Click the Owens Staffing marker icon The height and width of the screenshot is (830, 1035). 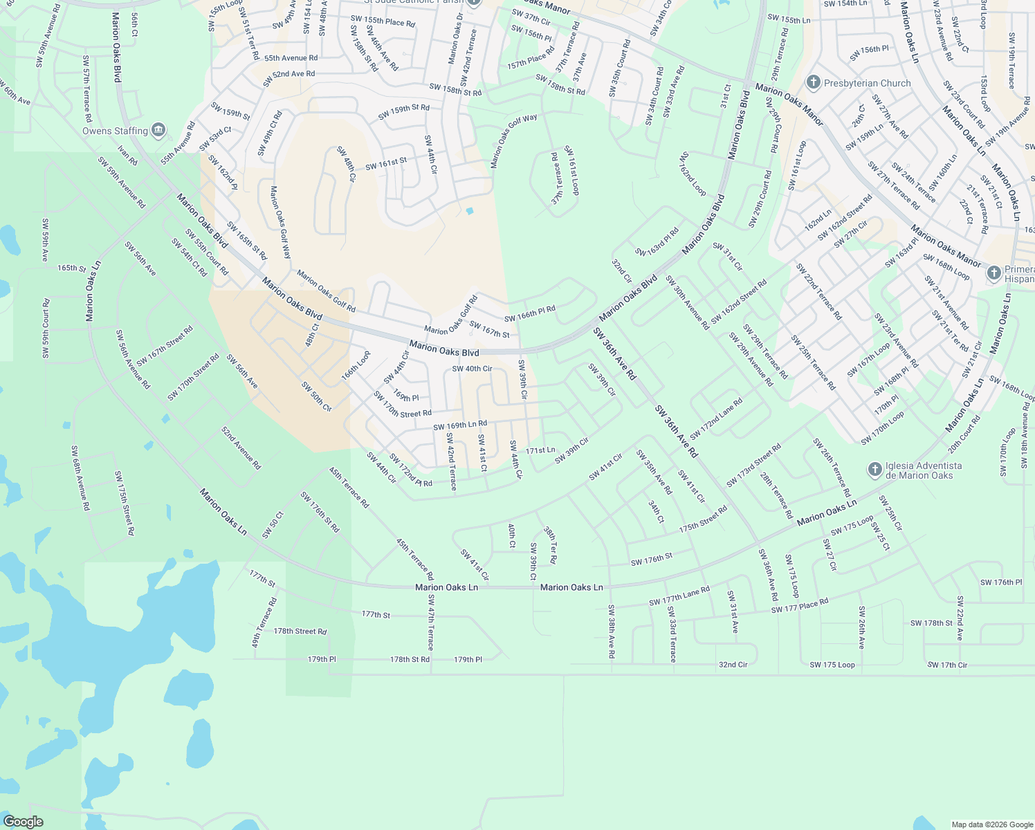(158, 130)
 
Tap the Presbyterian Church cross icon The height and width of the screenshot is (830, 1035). (813, 83)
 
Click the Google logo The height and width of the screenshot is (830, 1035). (23, 822)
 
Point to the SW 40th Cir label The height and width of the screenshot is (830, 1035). (472, 369)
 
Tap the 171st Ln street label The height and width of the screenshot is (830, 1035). (540, 450)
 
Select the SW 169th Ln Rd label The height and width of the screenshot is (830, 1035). (460, 425)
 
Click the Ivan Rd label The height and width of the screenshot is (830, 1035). (127, 156)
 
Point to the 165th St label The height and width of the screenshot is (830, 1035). (71, 268)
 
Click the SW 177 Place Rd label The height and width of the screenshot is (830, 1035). (799, 606)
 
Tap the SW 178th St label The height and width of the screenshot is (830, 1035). (931, 623)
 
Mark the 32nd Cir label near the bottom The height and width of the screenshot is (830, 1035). (733, 665)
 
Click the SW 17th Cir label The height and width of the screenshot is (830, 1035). (947, 665)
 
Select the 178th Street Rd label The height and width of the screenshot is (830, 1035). (300, 631)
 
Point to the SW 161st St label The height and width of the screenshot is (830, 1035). (386, 164)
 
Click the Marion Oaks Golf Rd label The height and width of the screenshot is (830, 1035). (326, 291)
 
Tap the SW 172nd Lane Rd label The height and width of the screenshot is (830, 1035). (716, 418)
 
